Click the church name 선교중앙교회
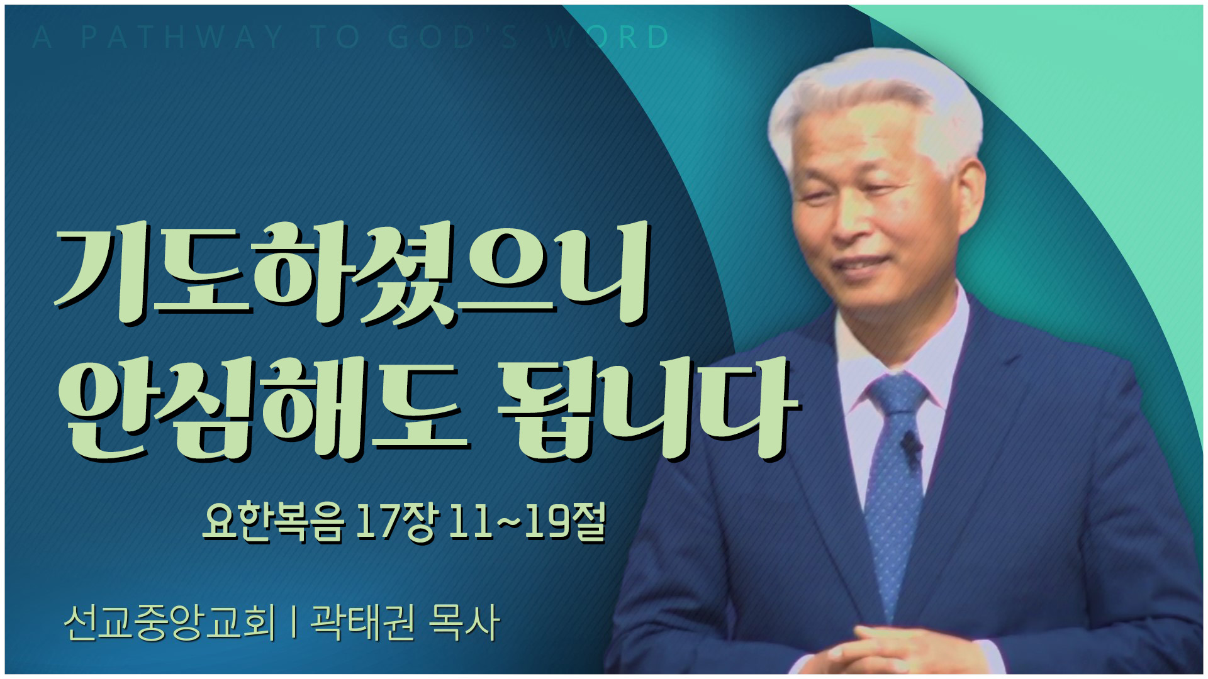coord(170,622)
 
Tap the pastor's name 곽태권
coord(363,622)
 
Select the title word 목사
coord(464,622)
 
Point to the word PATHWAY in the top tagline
coord(182,37)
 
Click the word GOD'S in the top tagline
coord(453,37)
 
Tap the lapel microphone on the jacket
coord(910,444)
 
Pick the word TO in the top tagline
coord(336,37)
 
